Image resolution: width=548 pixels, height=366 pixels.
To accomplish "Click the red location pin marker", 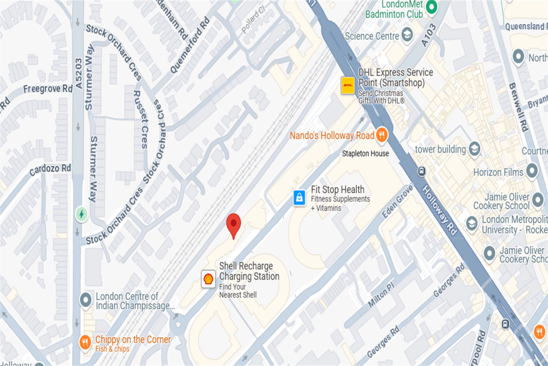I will [x=233, y=224].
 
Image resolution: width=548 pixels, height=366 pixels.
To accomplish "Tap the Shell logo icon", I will [x=208, y=278].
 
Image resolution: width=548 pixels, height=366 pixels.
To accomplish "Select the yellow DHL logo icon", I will [x=348, y=85].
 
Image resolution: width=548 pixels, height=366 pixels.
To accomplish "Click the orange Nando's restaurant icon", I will [x=382, y=135].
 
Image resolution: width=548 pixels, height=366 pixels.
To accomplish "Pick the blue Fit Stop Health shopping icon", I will [x=300, y=198].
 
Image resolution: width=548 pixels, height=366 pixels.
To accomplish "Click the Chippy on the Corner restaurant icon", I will [x=85, y=342].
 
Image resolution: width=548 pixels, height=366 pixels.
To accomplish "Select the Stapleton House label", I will [x=366, y=154].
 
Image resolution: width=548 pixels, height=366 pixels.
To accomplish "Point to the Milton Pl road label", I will [x=381, y=295].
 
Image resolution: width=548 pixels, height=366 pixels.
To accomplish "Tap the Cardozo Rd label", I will [x=50, y=168].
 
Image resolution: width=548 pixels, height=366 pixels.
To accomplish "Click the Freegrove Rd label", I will [x=48, y=88].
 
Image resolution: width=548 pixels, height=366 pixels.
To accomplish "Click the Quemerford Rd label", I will [x=190, y=46].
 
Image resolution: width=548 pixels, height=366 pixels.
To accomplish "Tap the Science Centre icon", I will [x=408, y=36].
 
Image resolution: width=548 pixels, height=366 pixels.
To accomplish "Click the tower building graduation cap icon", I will [x=474, y=149].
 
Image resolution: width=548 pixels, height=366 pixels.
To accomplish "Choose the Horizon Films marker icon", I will [x=531, y=171].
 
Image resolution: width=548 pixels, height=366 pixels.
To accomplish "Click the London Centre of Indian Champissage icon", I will [x=85, y=300].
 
